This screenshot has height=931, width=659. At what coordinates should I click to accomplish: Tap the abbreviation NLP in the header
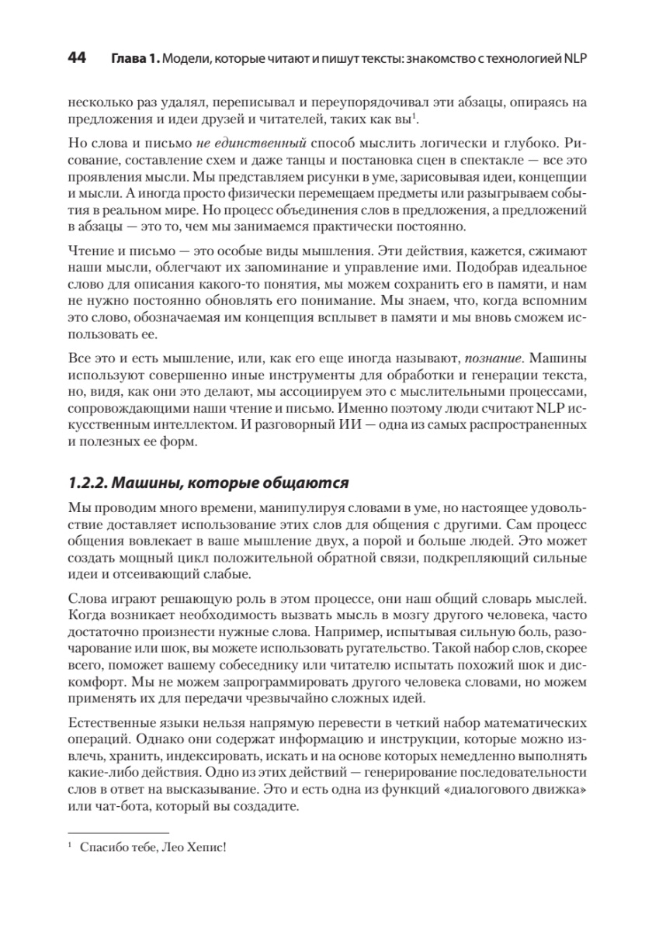[576, 61]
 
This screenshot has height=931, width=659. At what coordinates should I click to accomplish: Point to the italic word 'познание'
[493, 360]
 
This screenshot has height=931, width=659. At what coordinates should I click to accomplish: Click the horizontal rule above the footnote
[102, 831]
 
